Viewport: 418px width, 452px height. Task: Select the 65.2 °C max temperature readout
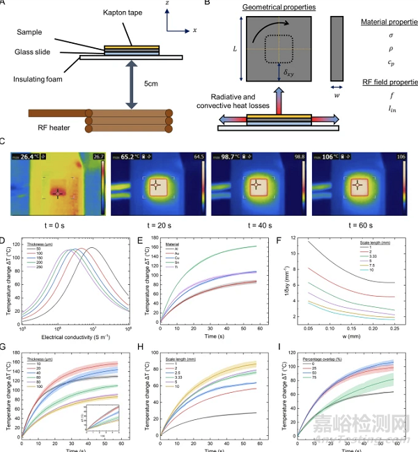(x=132, y=157)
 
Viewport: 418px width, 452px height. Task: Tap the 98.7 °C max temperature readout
(x=233, y=157)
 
